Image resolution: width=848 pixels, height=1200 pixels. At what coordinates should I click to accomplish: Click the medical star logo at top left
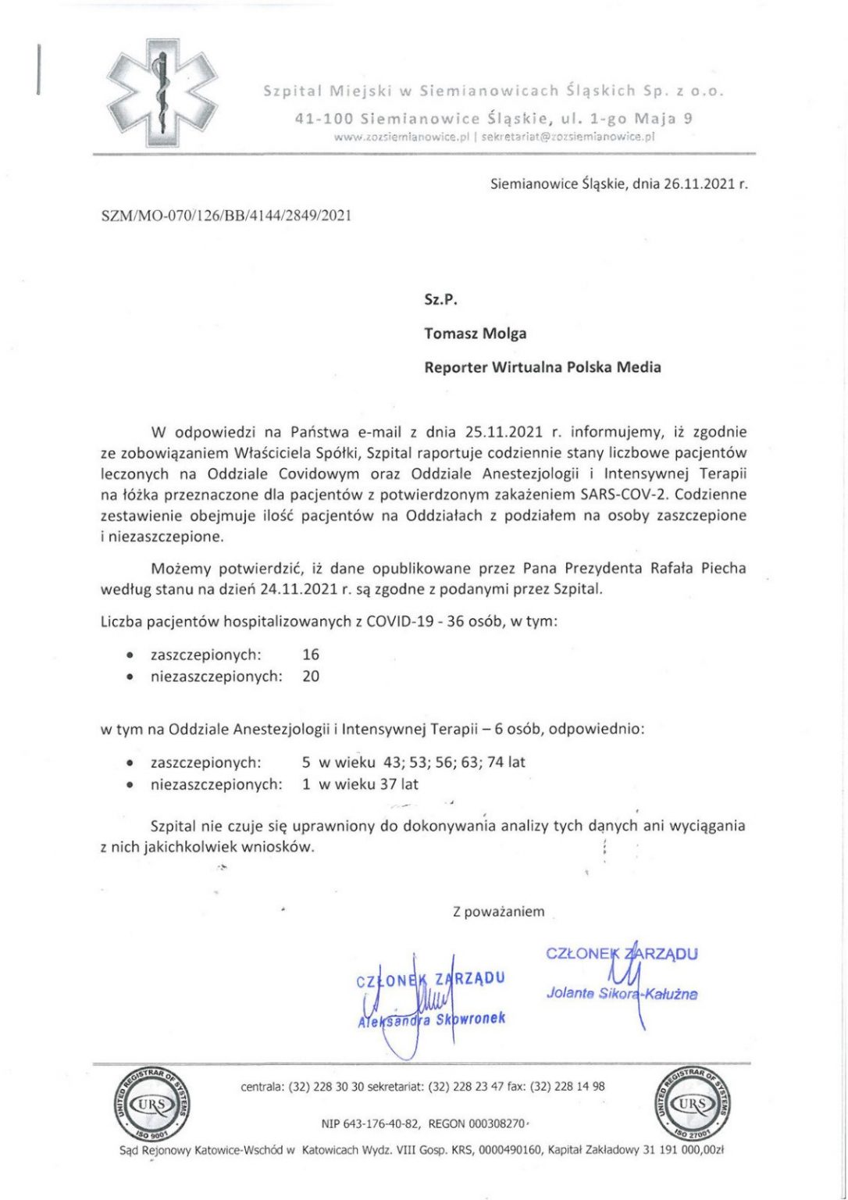(161, 94)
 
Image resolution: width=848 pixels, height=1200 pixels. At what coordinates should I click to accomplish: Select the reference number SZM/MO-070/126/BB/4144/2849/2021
(226, 216)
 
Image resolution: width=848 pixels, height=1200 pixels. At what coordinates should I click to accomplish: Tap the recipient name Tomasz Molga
(475, 334)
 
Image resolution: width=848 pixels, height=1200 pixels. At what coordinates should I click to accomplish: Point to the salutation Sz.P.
(440, 300)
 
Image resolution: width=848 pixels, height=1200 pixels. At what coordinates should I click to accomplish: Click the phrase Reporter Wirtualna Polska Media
(542, 367)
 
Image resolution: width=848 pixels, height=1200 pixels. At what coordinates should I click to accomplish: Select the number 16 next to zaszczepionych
(311, 655)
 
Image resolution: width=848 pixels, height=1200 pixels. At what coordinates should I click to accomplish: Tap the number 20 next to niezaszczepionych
(311, 677)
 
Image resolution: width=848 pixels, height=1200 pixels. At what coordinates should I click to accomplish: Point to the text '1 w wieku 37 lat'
(360, 784)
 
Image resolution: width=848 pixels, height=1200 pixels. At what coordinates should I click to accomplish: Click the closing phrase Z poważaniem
(498, 912)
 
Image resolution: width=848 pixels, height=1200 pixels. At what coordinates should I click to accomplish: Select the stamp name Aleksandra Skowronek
(431, 1020)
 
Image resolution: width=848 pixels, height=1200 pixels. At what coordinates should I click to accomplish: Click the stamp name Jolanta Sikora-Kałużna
(622, 994)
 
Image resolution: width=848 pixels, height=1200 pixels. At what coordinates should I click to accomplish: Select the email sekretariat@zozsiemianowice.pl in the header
(568, 136)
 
